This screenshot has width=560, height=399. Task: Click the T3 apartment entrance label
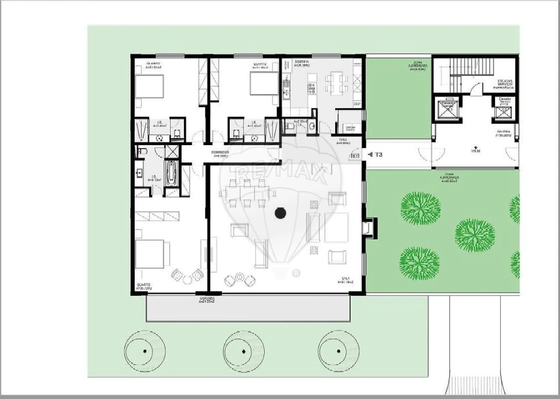click(379, 155)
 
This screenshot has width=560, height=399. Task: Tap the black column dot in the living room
click(280, 213)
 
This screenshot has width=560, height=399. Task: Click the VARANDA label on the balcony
click(207, 299)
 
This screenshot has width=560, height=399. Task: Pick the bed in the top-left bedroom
click(150, 87)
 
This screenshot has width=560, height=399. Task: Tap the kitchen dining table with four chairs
click(336, 83)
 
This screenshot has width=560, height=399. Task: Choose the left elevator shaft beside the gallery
click(446, 109)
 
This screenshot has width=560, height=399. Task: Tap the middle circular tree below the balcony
click(244, 351)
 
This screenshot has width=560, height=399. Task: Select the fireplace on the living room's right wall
click(368, 228)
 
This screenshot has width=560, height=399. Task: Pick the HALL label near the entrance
click(343, 141)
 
